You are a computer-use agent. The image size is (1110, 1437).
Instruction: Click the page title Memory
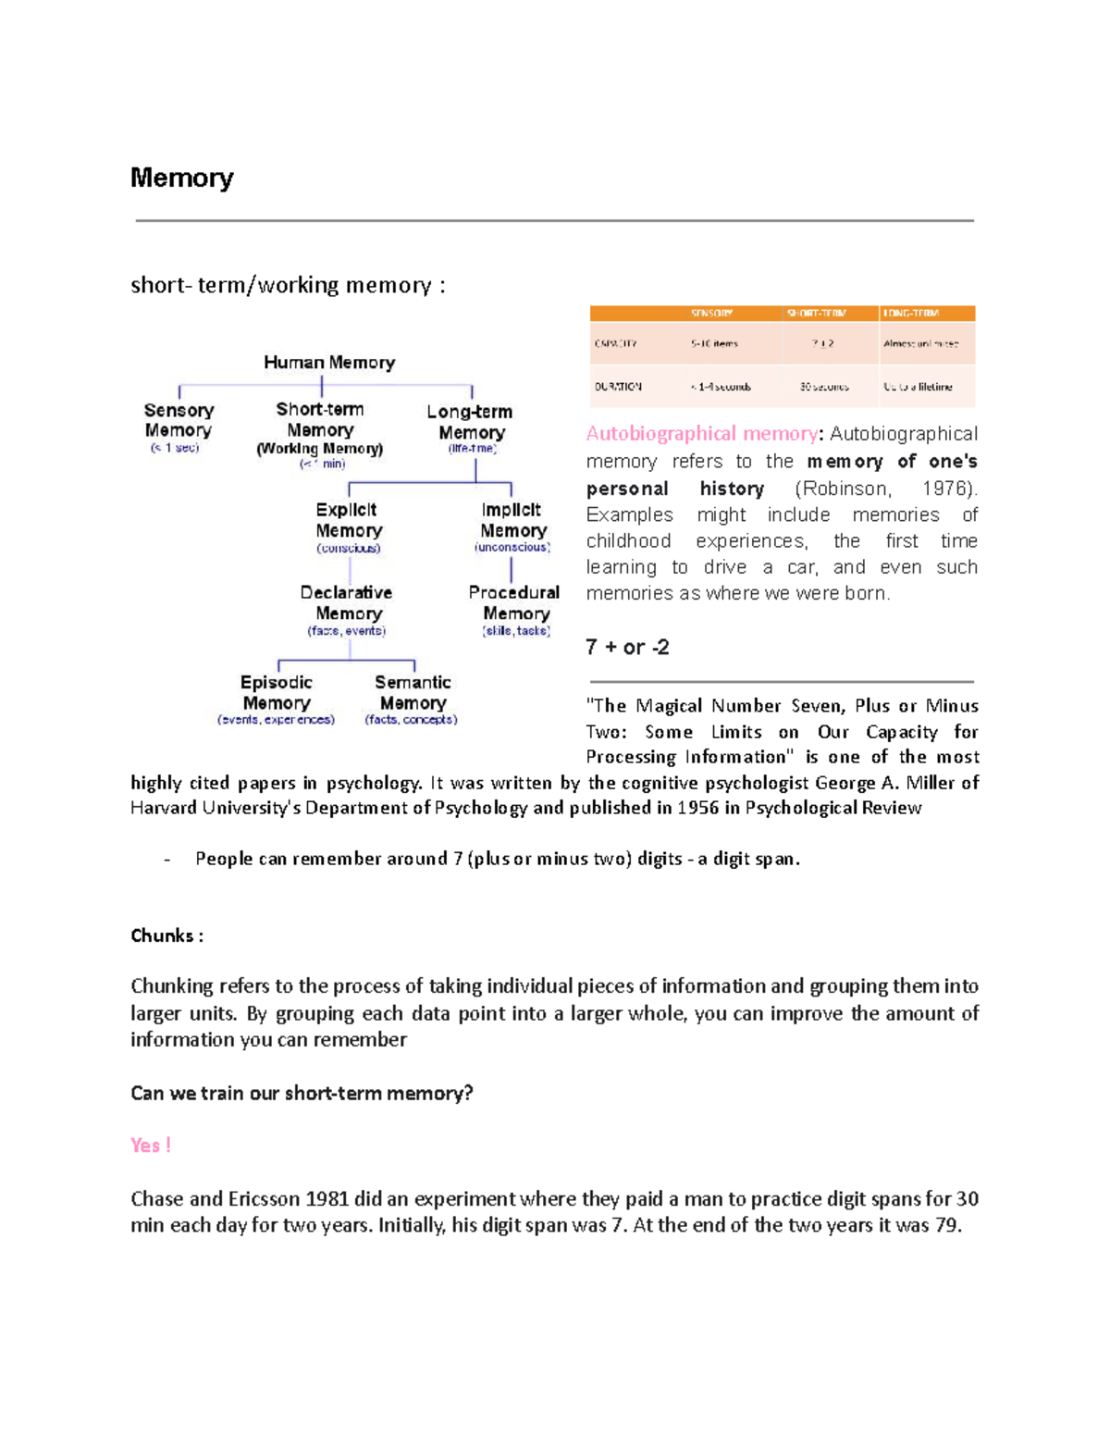pos(181,177)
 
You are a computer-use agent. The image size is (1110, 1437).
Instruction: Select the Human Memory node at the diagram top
pos(329,362)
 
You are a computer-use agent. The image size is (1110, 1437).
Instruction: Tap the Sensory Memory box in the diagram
pos(179,420)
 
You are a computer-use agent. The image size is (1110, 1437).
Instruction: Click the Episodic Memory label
pos(276,692)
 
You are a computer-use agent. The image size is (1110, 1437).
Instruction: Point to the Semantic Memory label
pos(413,692)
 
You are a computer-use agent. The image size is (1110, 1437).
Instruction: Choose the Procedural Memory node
pos(514,602)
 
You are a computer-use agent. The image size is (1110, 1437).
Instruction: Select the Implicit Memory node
pos(512,520)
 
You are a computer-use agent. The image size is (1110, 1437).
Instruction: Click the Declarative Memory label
pos(347,602)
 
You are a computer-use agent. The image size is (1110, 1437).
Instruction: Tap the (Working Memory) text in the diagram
pos(319,449)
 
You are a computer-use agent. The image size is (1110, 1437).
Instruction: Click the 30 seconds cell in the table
pos(824,387)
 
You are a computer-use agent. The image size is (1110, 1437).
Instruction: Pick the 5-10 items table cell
pos(714,343)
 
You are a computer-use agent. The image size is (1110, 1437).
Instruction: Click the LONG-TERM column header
pos(911,313)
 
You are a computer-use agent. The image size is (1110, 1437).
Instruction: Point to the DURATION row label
pos(618,387)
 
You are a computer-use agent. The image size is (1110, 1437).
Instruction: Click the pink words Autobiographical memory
pos(701,433)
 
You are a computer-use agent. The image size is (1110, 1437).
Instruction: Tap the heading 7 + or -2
pos(627,647)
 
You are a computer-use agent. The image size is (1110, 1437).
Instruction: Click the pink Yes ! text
pos(151,1146)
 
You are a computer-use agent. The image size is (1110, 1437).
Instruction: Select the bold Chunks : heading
pos(166,935)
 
